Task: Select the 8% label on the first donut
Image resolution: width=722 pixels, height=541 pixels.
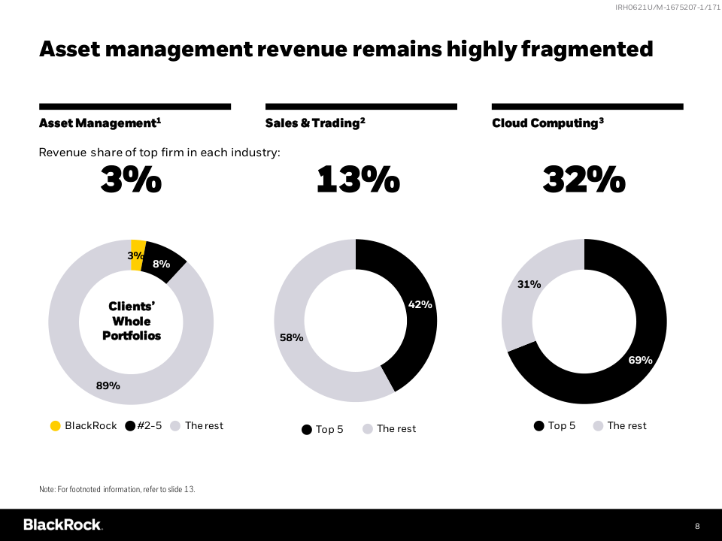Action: pos(161,264)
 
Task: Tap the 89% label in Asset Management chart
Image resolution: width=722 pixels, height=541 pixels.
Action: pos(108,385)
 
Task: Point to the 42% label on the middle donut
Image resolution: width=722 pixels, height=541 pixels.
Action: pos(420,304)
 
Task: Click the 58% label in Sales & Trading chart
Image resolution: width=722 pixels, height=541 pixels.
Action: pos(291,337)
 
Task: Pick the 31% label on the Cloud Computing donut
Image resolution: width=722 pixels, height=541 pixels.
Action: pos(529,284)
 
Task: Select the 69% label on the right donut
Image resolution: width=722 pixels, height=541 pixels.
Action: pos(640,360)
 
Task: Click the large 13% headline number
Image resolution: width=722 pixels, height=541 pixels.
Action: pos(357,180)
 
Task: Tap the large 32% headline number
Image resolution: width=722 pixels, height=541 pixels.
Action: pos(584,180)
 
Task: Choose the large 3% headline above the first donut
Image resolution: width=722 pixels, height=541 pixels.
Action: pos(131,180)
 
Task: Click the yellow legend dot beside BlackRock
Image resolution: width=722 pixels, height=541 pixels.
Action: pos(56,426)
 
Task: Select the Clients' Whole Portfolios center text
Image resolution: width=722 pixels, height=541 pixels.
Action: pos(132,321)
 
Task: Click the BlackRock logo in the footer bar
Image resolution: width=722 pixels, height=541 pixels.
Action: pos(62,524)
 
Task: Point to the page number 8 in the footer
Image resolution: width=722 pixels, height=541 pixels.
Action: pos(697,525)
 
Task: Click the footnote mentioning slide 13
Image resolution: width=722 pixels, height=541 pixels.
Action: pos(117,489)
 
